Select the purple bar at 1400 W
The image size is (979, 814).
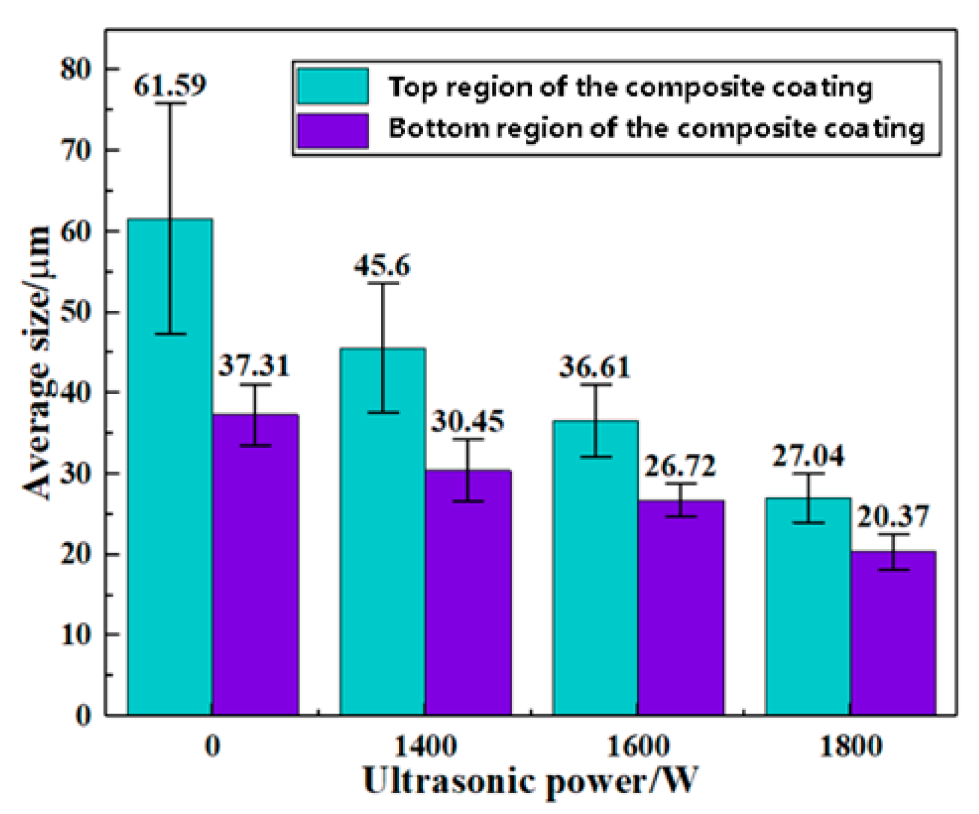[468, 595]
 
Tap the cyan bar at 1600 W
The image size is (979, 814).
[595, 572]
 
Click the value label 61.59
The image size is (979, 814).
[170, 86]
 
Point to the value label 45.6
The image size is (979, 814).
[382, 266]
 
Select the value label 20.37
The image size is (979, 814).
[893, 516]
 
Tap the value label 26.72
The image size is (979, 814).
[680, 466]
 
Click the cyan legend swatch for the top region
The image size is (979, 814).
[333, 87]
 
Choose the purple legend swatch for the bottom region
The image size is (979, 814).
[333, 130]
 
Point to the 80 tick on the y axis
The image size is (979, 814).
[75, 69]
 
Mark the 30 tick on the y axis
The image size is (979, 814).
[75, 473]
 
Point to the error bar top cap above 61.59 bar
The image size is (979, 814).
[170, 104]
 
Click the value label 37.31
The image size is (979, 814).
[254, 366]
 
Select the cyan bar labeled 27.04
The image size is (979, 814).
[808, 607]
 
